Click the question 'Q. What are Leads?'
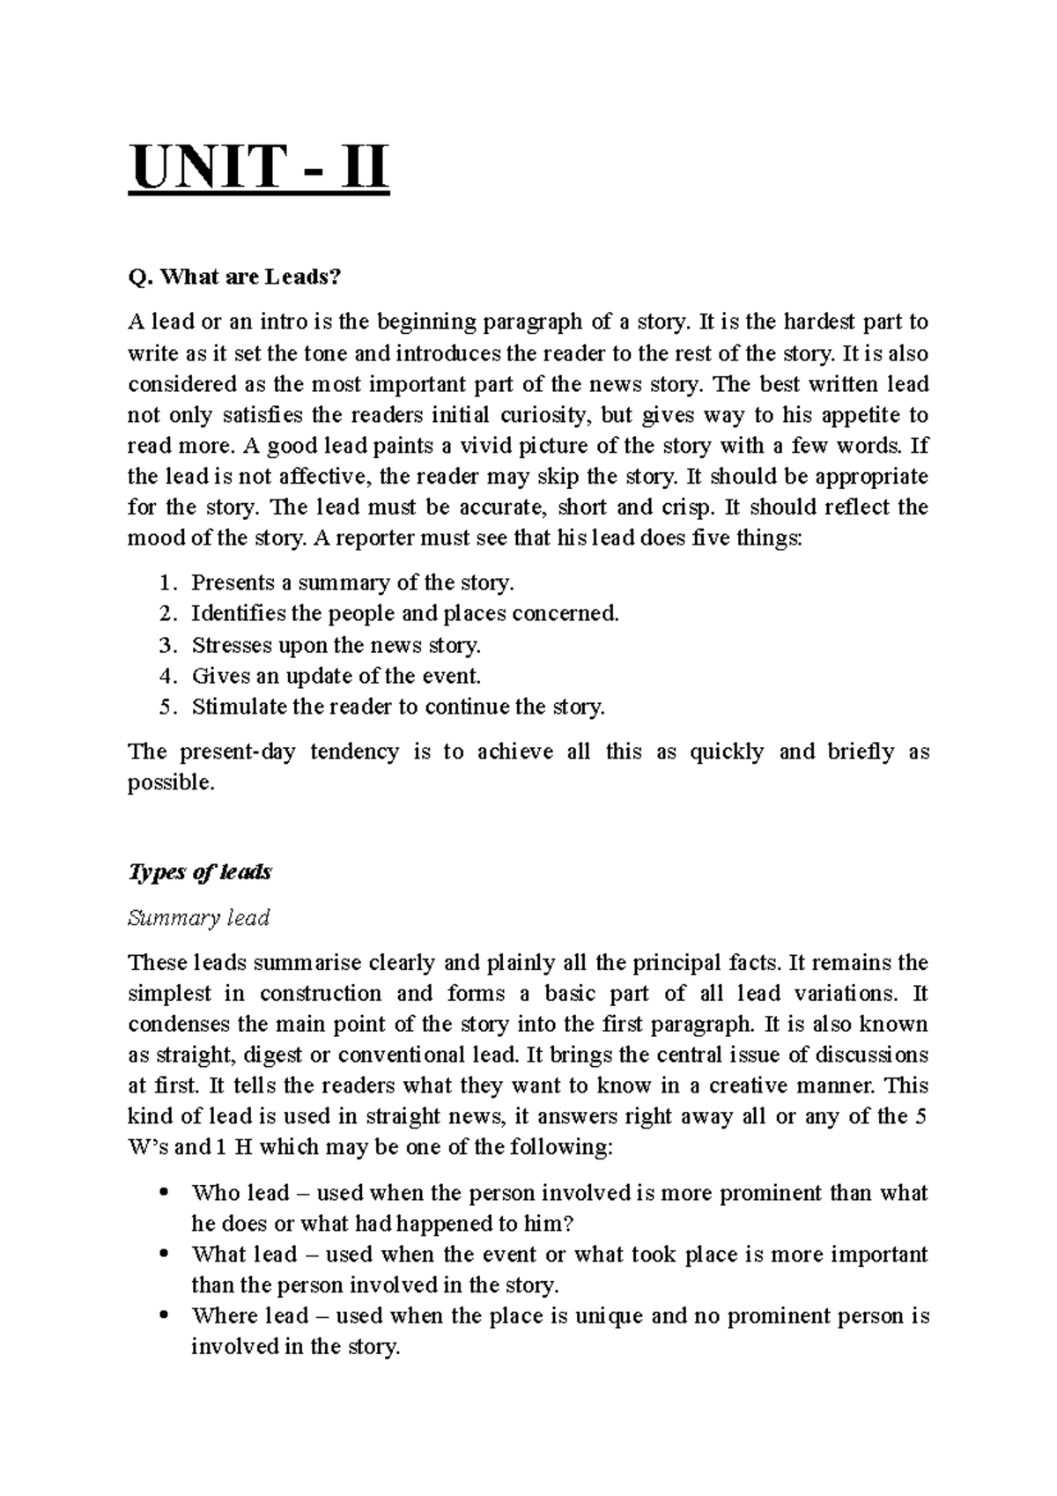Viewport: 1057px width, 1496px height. pos(233,278)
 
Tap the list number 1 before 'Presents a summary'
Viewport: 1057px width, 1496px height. pos(167,583)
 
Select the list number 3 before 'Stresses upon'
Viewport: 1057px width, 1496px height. pos(167,646)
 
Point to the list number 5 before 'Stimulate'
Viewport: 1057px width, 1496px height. pos(167,707)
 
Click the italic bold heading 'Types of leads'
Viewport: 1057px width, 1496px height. pos(200,871)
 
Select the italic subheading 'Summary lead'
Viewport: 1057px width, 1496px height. pos(198,918)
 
